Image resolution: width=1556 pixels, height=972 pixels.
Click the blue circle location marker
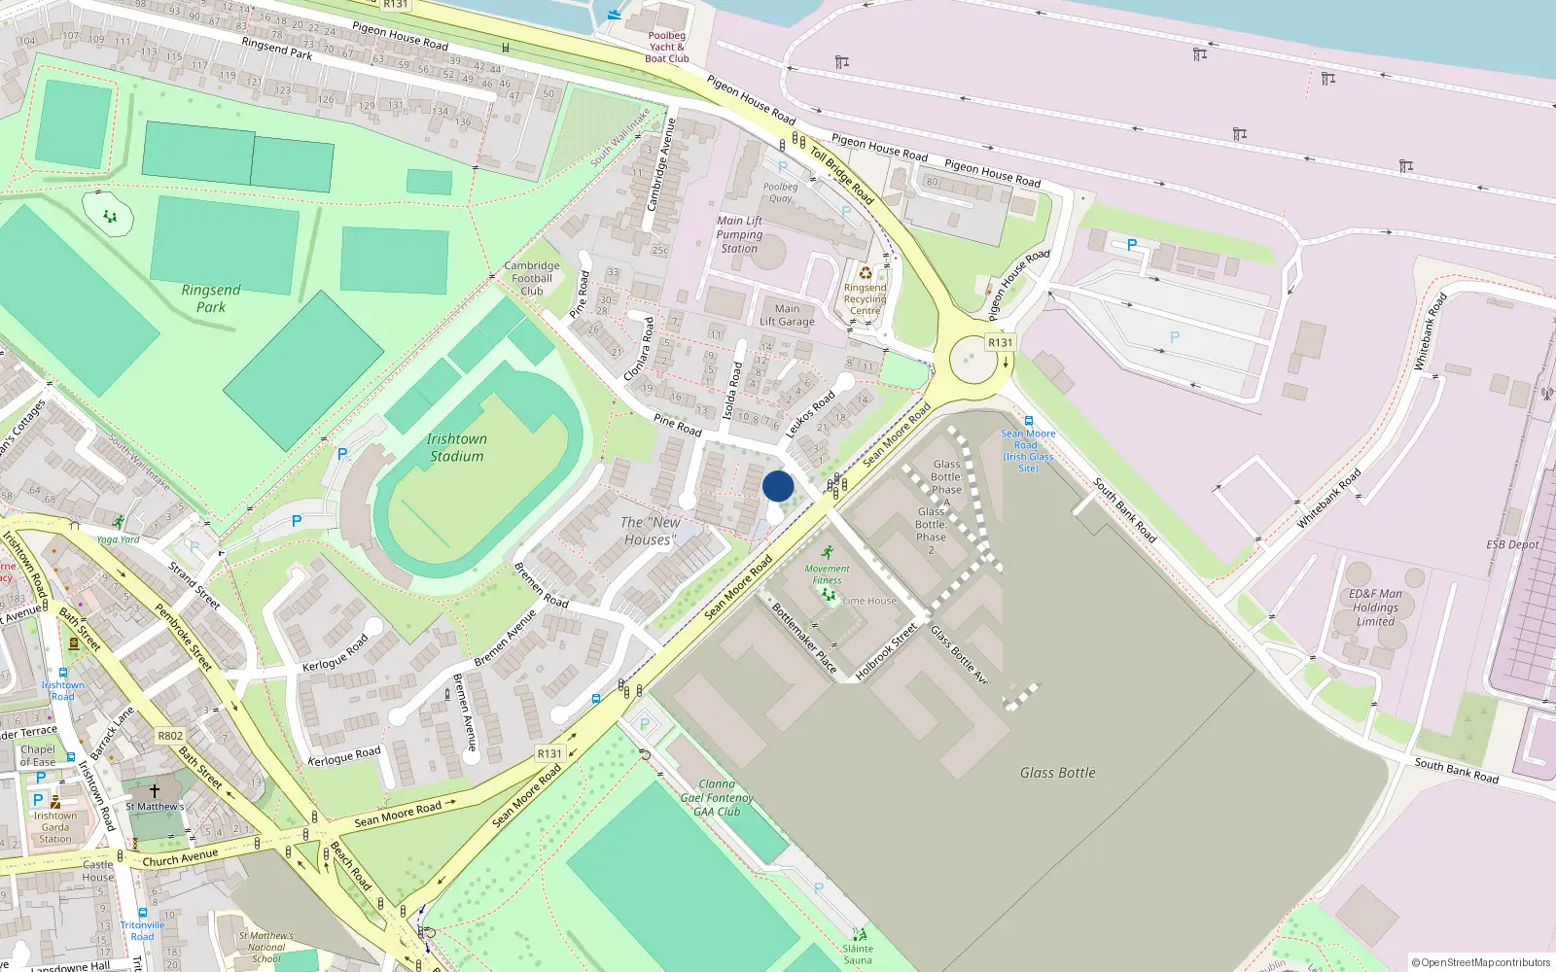coord(778,486)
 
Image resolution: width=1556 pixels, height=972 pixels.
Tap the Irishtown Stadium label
coord(456,448)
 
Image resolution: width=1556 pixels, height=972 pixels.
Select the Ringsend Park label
coord(211,298)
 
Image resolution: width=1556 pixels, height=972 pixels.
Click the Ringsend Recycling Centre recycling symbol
coord(865,273)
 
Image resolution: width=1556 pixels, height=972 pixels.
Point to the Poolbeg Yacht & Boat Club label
coord(667,47)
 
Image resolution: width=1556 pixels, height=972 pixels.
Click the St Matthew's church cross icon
coord(154,791)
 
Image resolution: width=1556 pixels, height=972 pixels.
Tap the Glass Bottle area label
coord(1057,773)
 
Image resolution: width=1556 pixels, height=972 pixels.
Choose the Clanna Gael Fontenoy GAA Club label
coord(717,798)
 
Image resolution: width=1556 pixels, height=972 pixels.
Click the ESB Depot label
coord(1512,544)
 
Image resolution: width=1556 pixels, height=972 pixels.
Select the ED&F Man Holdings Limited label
coord(1376,607)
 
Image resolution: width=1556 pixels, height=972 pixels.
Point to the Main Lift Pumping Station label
coord(740,234)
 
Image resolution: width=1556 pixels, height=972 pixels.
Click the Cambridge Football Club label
coord(532,278)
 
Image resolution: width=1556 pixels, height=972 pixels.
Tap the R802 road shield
coord(170,736)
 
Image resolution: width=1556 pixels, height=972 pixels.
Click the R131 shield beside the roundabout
coord(1000,342)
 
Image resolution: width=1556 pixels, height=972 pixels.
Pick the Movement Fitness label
coord(827,574)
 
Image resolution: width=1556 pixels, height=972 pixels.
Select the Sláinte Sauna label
coord(858,954)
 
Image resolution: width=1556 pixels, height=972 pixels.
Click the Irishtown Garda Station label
coord(55,827)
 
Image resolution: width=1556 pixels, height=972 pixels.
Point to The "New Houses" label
coord(650,531)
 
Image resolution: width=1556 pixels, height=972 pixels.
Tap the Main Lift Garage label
coord(787,315)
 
